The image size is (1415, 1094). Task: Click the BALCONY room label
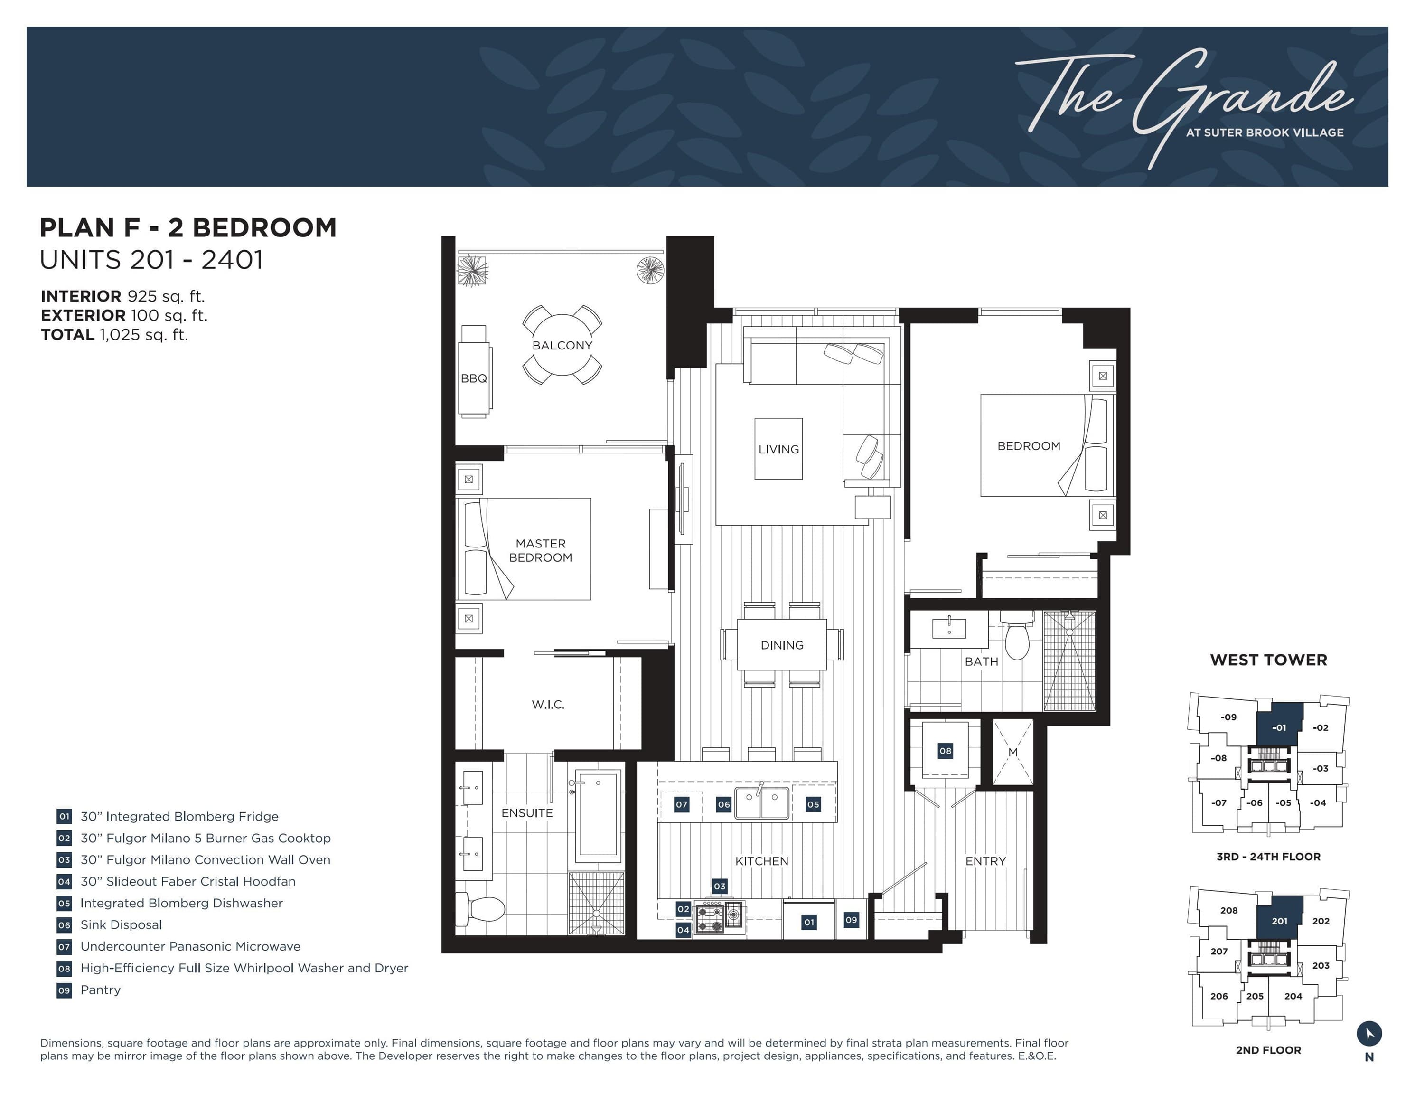(562, 346)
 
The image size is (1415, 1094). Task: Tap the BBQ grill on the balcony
(474, 371)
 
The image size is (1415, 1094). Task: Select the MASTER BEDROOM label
(540, 550)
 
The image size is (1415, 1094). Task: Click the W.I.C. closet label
(548, 705)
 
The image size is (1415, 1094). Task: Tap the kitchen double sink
(762, 803)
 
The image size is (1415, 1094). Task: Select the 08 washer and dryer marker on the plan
(945, 751)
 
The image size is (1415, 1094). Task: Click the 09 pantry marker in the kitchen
(852, 920)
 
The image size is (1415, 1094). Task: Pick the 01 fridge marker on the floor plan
(808, 922)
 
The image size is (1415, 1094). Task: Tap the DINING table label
(782, 645)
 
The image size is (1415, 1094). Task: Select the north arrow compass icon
(1369, 1033)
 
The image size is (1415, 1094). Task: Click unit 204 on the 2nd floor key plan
(1293, 996)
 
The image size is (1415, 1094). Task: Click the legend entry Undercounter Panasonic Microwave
(190, 946)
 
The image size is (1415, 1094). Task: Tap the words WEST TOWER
(1269, 660)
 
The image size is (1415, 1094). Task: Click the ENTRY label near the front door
(985, 861)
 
